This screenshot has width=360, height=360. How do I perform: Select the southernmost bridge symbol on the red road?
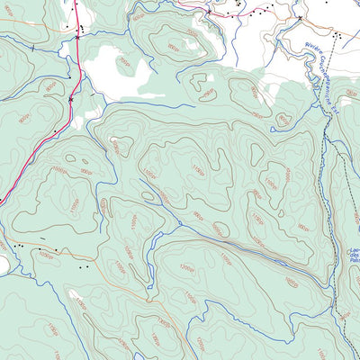tap(71, 99)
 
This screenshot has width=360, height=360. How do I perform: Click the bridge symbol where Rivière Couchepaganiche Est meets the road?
tap(300, 17)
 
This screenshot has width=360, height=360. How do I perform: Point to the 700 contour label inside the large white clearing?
tap(124, 65)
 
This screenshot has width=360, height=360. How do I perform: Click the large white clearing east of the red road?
tap(112, 67)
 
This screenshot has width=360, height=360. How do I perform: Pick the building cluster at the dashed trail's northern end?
tap(337, 35)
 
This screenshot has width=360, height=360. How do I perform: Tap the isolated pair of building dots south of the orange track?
tap(84, 266)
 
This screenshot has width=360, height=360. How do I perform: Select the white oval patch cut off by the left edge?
tap(4, 265)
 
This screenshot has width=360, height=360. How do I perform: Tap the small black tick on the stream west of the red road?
tap(33, 46)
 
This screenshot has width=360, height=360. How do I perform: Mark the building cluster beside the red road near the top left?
tap(81, 29)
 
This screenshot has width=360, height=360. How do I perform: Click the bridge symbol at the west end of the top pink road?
tap(207, 13)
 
